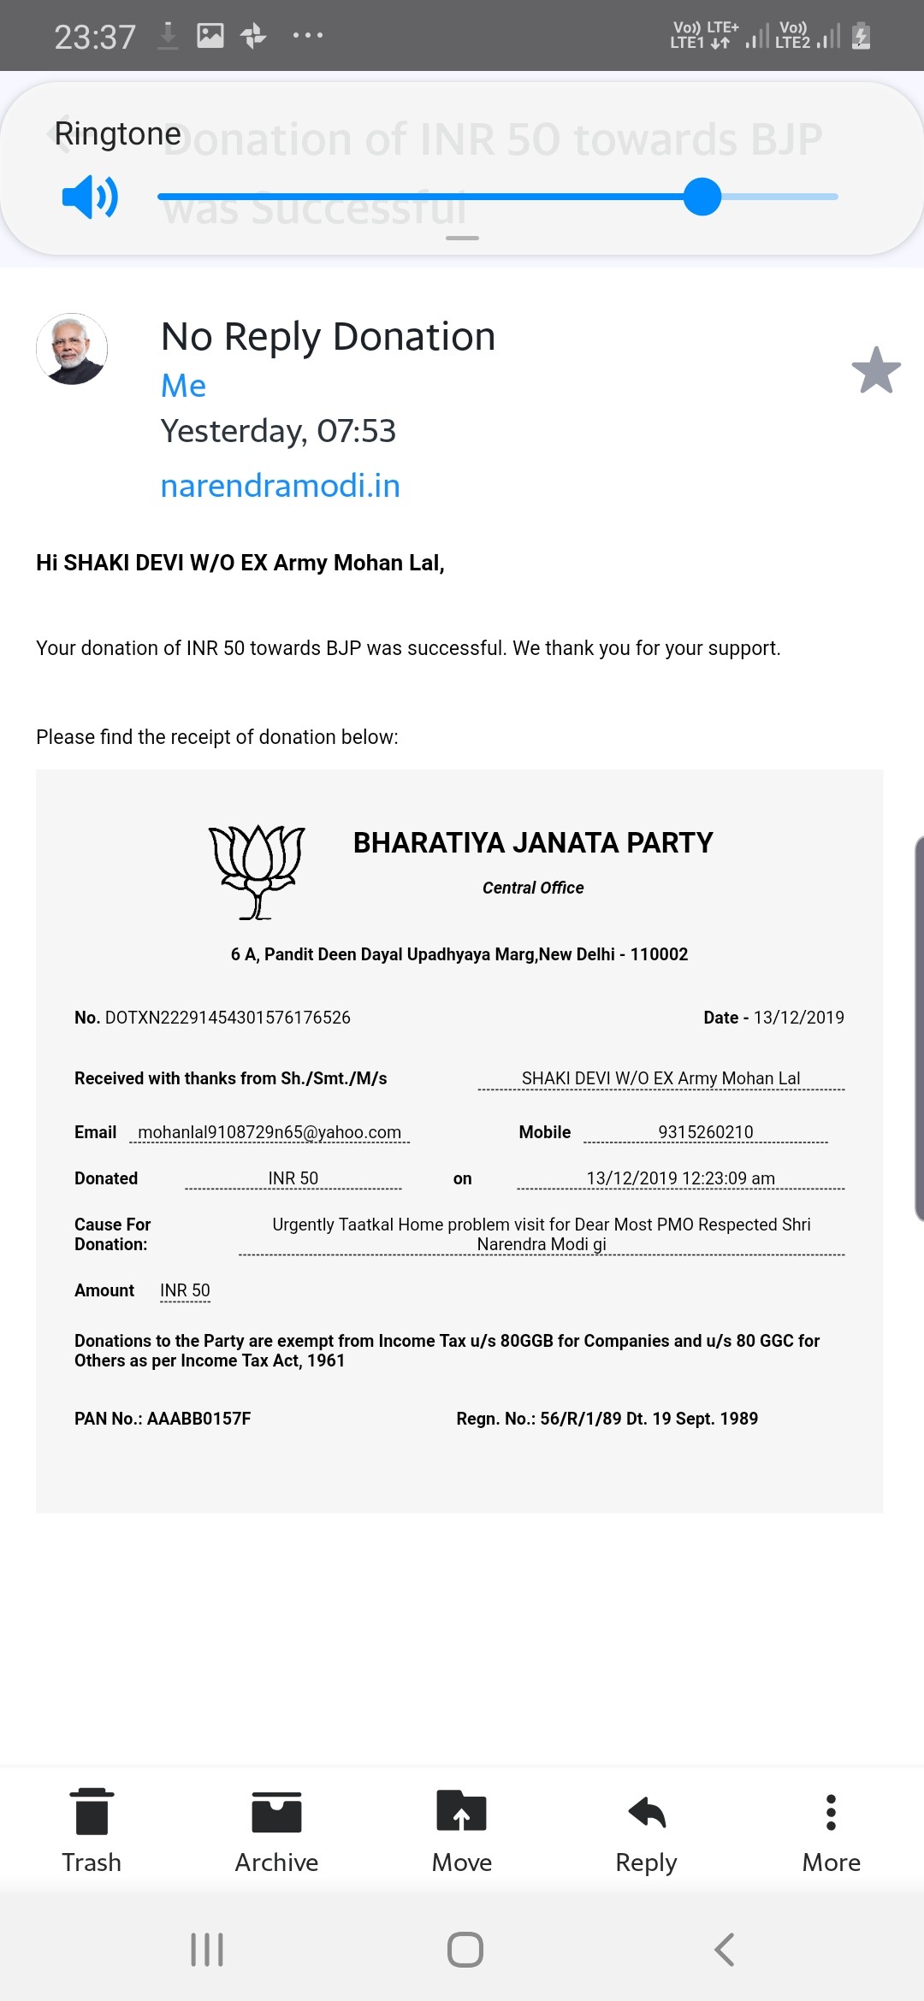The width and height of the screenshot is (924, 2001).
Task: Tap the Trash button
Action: (92, 1831)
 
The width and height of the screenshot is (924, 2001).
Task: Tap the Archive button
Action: (276, 1831)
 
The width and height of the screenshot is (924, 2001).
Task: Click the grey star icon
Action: (876, 370)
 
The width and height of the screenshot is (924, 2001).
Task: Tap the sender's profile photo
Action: (72, 349)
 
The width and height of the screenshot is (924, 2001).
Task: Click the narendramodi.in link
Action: (280, 486)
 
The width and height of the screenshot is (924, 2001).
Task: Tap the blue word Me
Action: (183, 386)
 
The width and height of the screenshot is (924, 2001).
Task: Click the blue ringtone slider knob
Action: (702, 197)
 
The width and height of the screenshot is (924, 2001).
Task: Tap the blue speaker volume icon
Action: (90, 197)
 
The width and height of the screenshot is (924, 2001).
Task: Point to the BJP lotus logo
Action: (257, 871)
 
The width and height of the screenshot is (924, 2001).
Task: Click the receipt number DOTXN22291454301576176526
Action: (228, 1018)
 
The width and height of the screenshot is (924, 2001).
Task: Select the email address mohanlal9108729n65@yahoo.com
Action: (269, 1132)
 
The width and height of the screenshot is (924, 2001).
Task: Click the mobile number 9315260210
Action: (706, 1132)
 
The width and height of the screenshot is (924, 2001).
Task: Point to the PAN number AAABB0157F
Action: (198, 1419)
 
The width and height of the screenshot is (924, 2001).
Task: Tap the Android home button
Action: (465, 1950)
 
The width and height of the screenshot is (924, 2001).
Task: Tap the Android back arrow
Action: (724, 1950)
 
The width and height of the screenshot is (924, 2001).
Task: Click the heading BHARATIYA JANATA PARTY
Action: (533, 843)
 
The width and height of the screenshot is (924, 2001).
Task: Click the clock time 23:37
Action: (95, 37)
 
